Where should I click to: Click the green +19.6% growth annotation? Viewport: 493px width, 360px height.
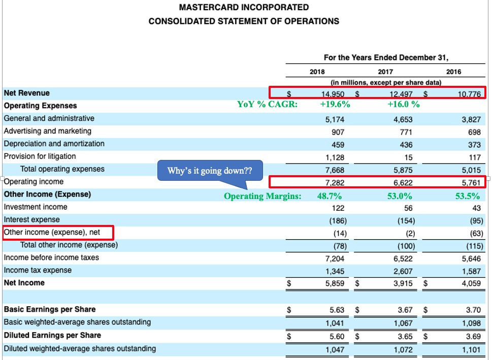[x=335, y=105]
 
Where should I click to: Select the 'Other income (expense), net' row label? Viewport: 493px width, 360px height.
[x=52, y=233]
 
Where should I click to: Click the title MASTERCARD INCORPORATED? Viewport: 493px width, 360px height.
[x=244, y=8]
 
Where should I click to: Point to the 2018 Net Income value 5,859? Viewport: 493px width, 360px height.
[x=335, y=283]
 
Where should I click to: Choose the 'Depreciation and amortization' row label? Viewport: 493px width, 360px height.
[x=54, y=144]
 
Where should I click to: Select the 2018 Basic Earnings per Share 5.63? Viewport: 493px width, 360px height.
[x=338, y=310]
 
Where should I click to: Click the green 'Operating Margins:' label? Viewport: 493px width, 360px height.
[x=262, y=196]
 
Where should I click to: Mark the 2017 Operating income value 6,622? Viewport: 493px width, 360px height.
[x=402, y=182]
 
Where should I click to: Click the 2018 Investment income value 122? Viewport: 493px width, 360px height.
[x=339, y=208]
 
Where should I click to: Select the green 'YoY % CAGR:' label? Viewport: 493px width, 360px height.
[x=267, y=105]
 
